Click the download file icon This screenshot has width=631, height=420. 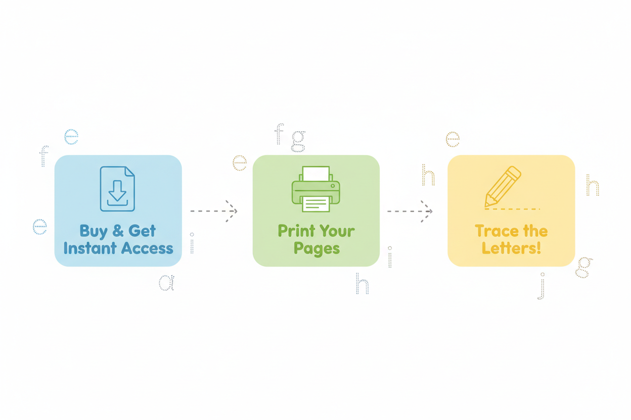(x=117, y=188)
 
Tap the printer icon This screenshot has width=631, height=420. (x=316, y=189)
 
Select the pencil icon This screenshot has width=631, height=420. (x=503, y=186)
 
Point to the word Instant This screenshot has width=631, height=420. (x=90, y=248)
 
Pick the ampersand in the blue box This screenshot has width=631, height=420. (x=118, y=231)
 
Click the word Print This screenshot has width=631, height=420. (x=297, y=231)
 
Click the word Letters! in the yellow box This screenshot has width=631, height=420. (x=511, y=248)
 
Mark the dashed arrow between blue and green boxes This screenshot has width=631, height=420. (x=214, y=211)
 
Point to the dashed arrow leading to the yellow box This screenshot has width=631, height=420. (x=410, y=212)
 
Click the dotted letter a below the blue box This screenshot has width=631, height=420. (x=166, y=283)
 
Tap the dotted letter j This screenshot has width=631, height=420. (x=542, y=286)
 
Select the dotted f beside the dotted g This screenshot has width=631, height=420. (x=279, y=134)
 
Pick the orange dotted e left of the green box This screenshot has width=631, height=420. (x=240, y=163)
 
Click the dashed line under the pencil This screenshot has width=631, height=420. (x=512, y=209)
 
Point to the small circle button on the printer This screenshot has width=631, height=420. (x=333, y=186)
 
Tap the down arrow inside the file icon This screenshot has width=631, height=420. (x=117, y=190)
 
